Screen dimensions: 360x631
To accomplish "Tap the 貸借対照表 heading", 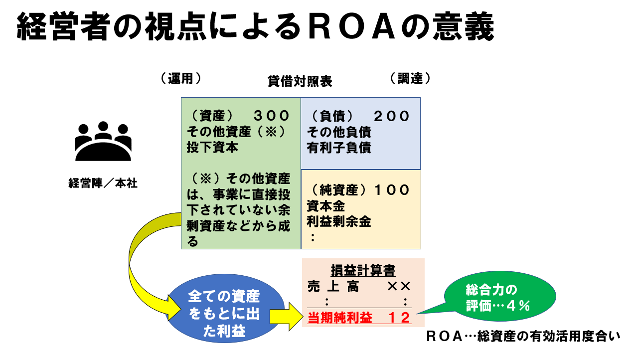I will click(x=300, y=81).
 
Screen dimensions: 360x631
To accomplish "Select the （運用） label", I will click(x=180, y=78).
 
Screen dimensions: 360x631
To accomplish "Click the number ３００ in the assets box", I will click(x=272, y=116).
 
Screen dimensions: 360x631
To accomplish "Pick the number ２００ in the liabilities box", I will click(x=392, y=117).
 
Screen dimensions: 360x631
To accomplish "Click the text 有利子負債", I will click(x=339, y=148).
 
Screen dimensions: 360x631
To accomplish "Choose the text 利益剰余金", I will click(x=339, y=221).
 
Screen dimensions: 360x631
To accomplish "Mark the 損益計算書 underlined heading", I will click(x=363, y=270).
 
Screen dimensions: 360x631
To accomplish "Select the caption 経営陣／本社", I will click(x=103, y=183).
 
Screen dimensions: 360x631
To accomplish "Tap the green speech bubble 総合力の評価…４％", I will click(x=498, y=298).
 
